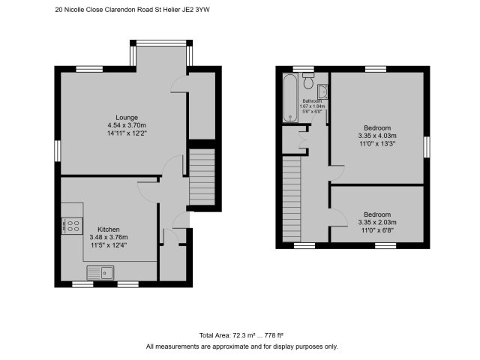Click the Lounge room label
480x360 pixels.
click(x=127, y=118)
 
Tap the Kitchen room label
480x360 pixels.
click(x=109, y=229)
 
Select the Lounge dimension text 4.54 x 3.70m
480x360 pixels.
click(x=127, y=125)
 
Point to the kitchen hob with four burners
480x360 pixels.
click(x=72, y=226)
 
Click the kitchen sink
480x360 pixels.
click(x=100, y=273)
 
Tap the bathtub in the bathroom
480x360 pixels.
click(x=290, y=98)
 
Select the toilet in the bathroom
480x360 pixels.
click(x=308, y=80)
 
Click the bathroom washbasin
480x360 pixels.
click(x=322, y=91)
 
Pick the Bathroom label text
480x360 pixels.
click(x=312, y=101)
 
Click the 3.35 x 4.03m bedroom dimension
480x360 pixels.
click(x=377, y=136)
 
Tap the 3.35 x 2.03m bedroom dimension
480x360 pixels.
click(x=377, y=222)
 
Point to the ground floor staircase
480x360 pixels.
click(x=202, y=177)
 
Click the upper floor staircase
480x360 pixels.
click(x=292, y=199)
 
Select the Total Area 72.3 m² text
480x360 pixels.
click(x=227, y=335)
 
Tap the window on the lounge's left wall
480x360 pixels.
click(x=58, y=151)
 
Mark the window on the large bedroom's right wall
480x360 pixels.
click(x=427, y=147)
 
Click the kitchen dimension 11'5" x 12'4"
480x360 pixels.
click(x=109, y=245)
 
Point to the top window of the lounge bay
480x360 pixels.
click(x=161, y=43)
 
